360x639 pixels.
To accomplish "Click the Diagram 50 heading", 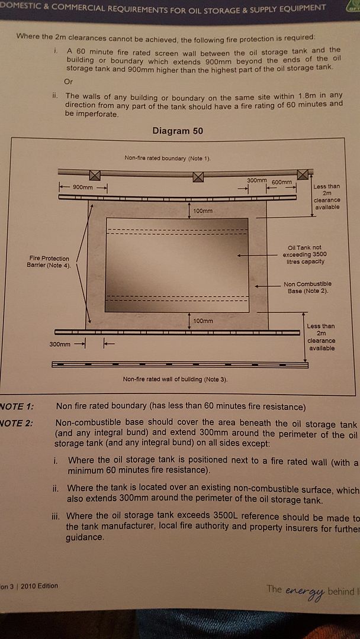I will [178, 131].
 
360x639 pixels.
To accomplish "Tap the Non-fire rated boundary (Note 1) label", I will [168, 158].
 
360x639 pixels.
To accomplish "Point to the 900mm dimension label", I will [82, 187].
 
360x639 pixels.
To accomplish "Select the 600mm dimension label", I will [282, 182].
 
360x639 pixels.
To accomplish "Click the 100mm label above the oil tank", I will [202, 211].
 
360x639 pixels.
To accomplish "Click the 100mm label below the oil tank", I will [202, 321].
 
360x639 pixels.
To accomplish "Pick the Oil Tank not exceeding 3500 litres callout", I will [306, 254].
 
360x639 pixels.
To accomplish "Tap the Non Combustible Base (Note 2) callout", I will [307, 288].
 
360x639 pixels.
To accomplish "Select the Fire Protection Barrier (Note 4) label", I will [49, 262].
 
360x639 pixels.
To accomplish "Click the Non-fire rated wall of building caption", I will [175, 379].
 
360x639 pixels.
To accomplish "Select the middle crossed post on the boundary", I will [198, 176].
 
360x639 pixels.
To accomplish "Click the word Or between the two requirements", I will [69, 81].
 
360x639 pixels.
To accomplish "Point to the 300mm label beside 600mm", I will [257, 179].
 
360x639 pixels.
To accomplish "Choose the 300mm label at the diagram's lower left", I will [59, 344].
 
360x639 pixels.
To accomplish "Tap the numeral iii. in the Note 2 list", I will [57, 516].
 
